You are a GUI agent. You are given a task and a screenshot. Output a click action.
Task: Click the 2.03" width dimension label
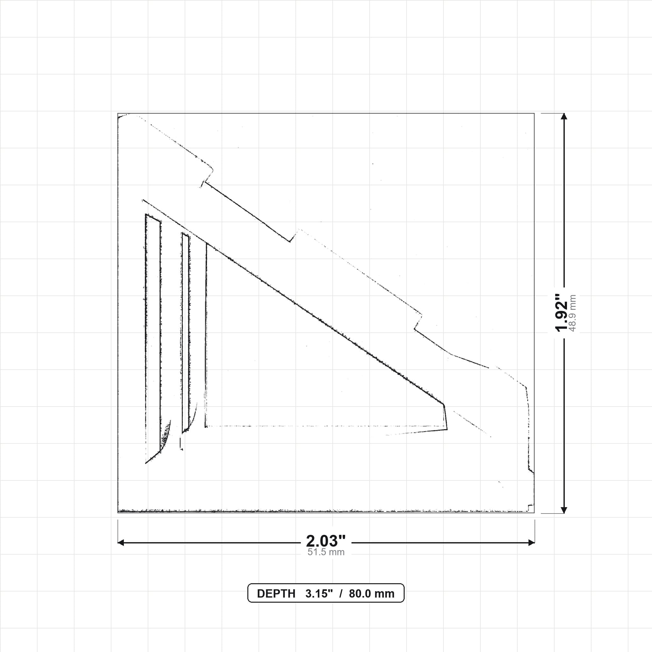pyautogui.click(x=326, y=541)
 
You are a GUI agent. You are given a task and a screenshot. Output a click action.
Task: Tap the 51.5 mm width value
pyautogui.click(x=326, y=552)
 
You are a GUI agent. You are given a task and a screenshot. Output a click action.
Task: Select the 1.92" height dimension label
pyautogui.click(x=562, y=313)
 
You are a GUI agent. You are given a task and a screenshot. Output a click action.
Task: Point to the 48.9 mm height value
pyautogui.click(x=572, y=313)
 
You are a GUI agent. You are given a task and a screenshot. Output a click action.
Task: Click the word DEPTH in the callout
pyautogui.click(x=276, y=594)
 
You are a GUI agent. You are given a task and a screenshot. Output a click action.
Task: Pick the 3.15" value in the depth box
pyautogui.click(x=319, y=594)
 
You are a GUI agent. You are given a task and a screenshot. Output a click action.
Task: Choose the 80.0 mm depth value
pyautogui.click(x=372, y=594)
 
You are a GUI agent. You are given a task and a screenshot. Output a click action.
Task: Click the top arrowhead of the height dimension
pyautogui.click(x=563, y=116)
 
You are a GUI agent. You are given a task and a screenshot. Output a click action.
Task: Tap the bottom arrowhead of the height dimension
pyautogui.click(x=563, y=510)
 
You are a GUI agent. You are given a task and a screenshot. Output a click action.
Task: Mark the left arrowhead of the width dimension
pyautogui.click(x=121, y=543)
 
